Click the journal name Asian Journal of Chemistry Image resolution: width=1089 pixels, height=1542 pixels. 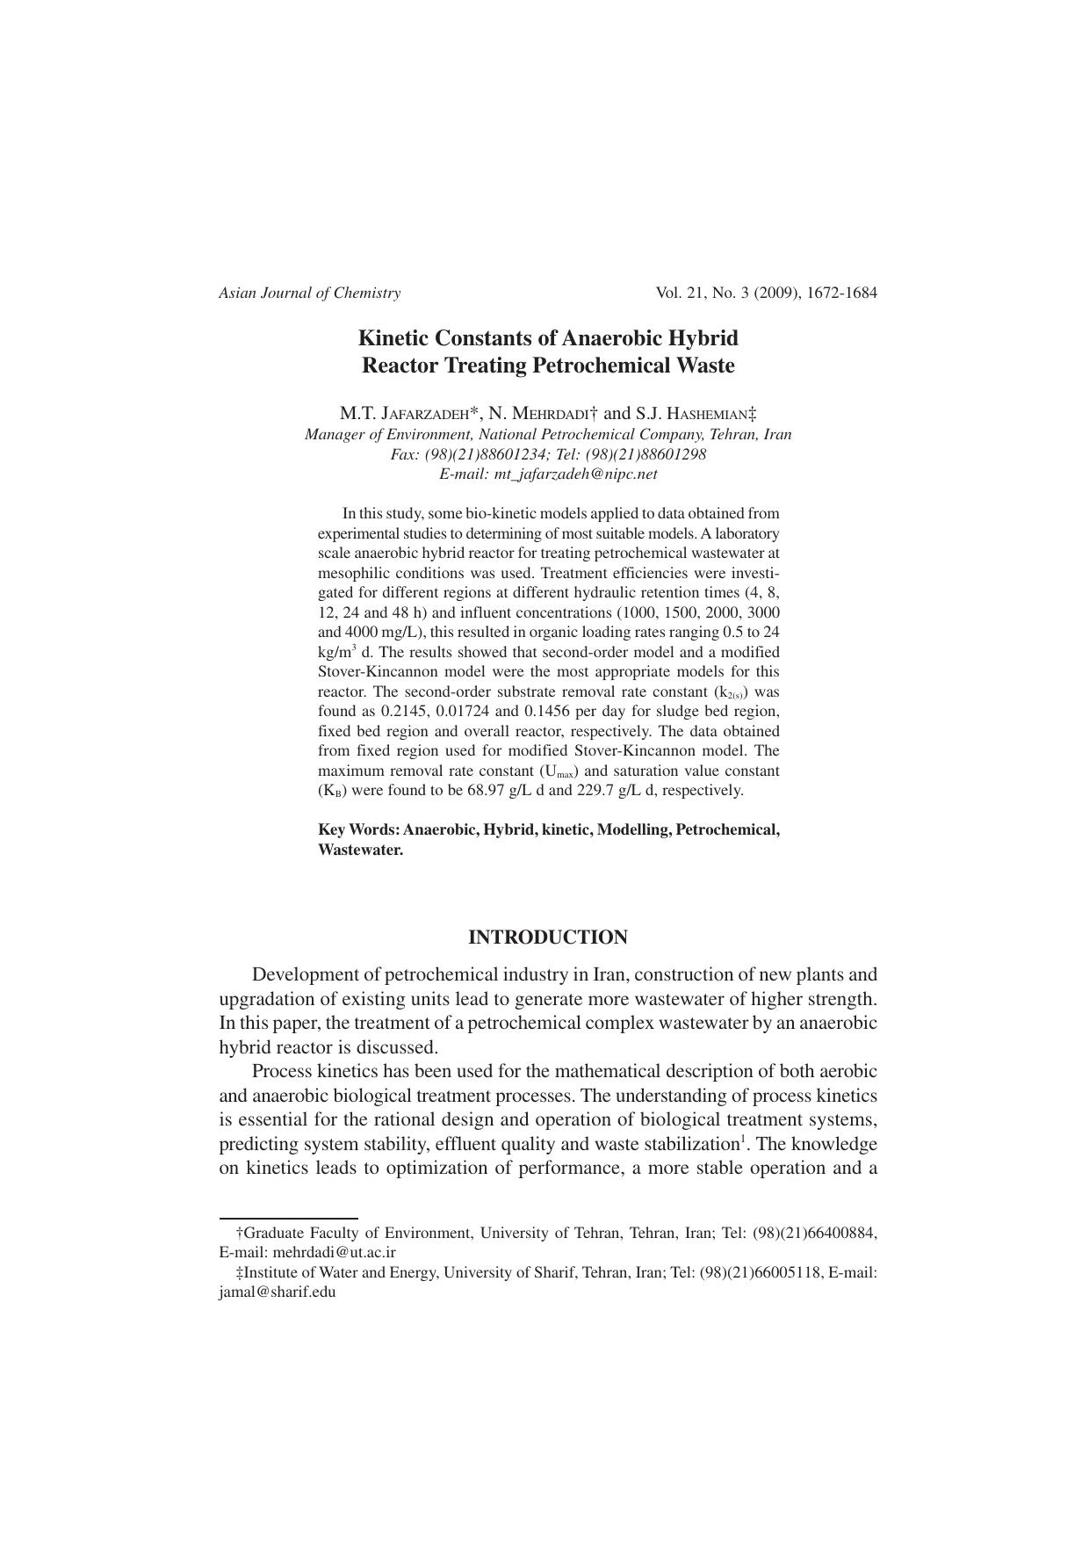(309, 293)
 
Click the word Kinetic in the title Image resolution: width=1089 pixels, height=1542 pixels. (392, 338)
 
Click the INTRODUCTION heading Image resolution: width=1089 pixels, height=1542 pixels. (548, 938)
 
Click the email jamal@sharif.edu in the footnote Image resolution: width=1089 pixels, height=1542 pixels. (278, 1292)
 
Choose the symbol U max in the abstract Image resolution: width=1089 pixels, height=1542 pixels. (559, 771)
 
